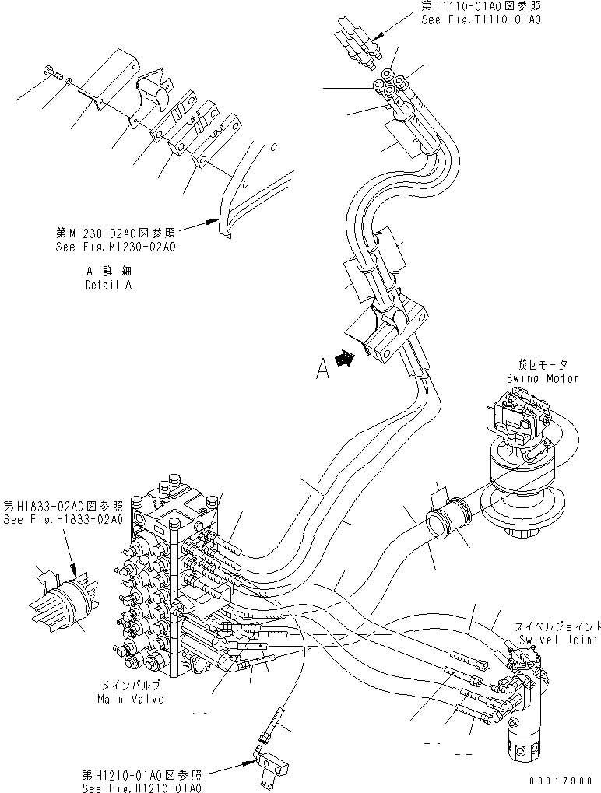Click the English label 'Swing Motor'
[543, 378]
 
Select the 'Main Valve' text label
[130, 698]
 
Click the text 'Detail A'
[108, 285]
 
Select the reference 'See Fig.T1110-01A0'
[480, 19]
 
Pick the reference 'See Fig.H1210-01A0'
[141, 787]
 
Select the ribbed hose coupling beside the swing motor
[449, 519]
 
